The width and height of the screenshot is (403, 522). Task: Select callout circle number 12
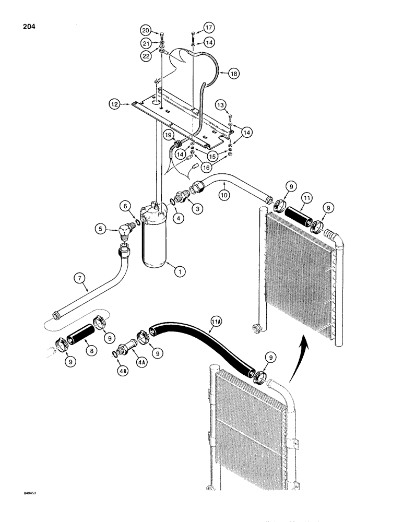tap(113, 105)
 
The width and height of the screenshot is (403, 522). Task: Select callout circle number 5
tap(101, 228)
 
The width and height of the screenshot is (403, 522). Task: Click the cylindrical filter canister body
tap(155, 245)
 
